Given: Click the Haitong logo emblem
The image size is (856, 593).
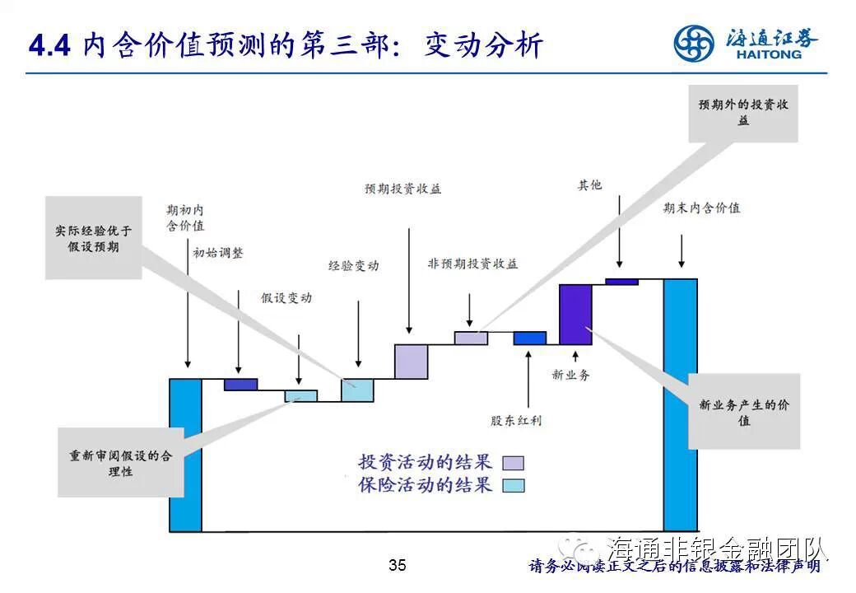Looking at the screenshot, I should (694, 43).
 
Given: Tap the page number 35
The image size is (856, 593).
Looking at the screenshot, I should (398, 565).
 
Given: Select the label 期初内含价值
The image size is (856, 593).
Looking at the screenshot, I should (185, 217).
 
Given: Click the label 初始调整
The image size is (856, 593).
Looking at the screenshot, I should (218, 253).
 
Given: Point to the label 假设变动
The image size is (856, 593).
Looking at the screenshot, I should (286, 298).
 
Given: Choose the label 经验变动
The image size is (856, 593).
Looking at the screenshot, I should (353, 266).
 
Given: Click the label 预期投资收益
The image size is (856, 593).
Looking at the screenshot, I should (403, 189).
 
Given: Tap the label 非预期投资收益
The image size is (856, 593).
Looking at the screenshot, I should (472, 264).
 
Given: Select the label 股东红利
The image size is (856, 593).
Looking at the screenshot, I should (516, 421).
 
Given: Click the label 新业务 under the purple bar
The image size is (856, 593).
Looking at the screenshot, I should (570, 375).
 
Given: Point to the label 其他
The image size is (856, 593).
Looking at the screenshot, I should (589, 184).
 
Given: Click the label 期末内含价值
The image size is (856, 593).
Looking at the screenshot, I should (702, 208).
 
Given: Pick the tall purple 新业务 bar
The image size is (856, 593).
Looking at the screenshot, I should (575, 314).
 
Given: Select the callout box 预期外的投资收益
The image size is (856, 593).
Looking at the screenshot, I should (743, 113).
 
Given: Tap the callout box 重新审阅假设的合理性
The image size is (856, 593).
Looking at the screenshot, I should (121, 463).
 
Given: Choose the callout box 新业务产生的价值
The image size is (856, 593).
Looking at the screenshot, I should (744, 412).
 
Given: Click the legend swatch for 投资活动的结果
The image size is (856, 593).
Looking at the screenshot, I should (513, 463).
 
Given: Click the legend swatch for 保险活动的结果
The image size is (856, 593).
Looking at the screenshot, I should (513, 485).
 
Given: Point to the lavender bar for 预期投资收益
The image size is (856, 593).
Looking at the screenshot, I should (411, 362).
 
